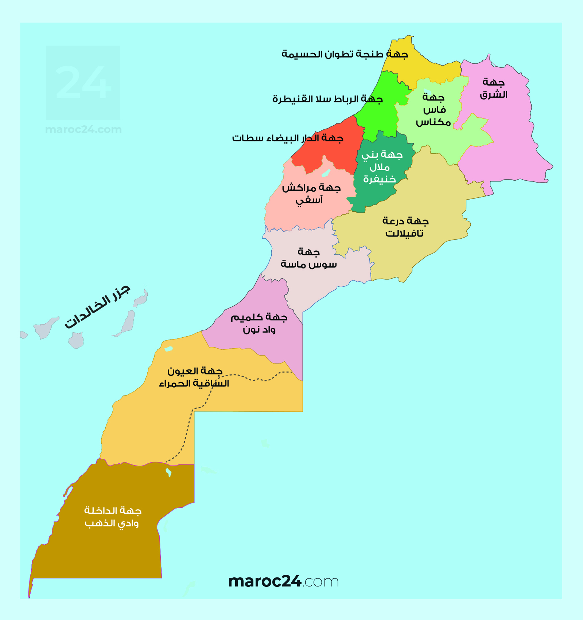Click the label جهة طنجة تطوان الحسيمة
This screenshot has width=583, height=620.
(345, 54)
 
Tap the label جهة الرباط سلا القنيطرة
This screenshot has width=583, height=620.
(327, 99)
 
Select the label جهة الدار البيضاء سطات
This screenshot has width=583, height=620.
(287, 138)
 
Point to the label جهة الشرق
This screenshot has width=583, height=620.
(493, 89)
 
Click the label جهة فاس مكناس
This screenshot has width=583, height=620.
(434, 110)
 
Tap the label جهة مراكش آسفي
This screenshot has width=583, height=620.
(311, 194)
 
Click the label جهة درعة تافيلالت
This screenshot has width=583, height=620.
(405, 227)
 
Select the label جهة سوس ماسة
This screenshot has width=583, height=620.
(308, 258)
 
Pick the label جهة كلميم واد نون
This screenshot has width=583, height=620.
(259, 323)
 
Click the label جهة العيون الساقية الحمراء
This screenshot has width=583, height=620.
(194, 377)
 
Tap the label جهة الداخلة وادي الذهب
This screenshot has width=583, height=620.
(112, 517)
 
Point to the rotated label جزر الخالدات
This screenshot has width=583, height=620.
(97, 306)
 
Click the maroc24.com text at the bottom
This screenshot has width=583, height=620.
(283, 581)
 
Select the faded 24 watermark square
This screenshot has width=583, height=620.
(83, 83)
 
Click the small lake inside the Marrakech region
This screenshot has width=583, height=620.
(326, 173)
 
